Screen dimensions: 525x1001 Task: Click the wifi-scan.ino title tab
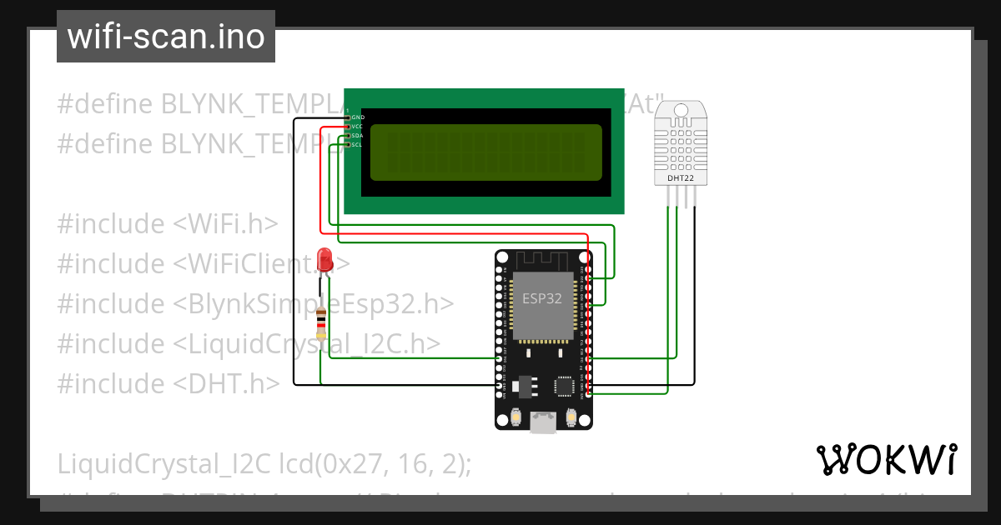tap(165, 37)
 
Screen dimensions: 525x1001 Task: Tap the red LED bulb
tap(325, 257)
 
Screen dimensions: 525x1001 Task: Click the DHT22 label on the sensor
tap(680, 177)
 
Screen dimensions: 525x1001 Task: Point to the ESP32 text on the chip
tap(542, 298)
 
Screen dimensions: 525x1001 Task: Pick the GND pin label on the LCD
tap(357, 117)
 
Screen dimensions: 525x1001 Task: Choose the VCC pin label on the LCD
tap(357, 127)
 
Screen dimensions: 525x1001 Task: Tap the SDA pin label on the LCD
tap(357, 136)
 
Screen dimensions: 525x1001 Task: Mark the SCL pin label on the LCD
tap(357, 145)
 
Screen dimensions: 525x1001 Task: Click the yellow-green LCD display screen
tap(485, 152)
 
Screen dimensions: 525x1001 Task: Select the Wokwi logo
tap(886, 459)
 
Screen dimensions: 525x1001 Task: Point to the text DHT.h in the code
tap(227, 383)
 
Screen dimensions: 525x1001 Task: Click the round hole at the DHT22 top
tap(680, 110)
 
